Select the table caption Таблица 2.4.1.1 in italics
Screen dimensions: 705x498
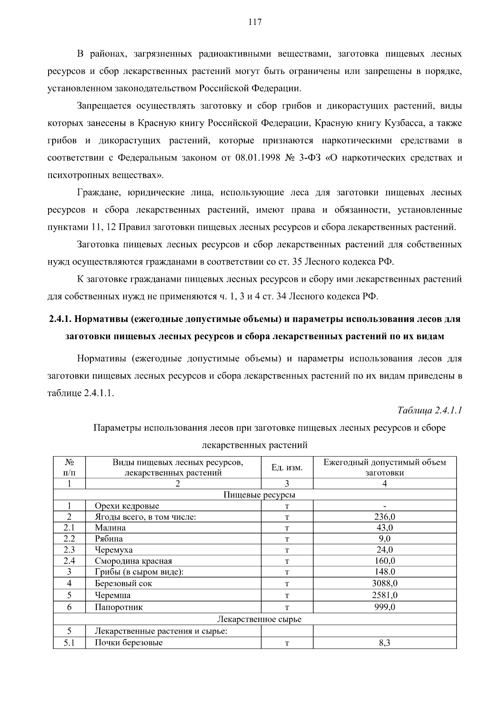[x=430, y=410]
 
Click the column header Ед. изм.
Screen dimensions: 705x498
[x=287, y=467]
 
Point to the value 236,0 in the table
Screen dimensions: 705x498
[x=384, y=517]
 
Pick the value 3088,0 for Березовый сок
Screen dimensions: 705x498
[x=384, y=583]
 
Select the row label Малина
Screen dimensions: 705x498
[x=110, y=528]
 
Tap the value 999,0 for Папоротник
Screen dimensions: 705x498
[x=384, y=607]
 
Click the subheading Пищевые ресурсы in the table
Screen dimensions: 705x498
[x=259, y=495]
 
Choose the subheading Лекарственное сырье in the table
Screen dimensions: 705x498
[x=259, y=619]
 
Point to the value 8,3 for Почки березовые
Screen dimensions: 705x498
[x=384, y=643]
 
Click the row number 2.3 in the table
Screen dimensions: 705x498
[x=69, y=550]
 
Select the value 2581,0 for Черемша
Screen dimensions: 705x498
[x=384, y=595]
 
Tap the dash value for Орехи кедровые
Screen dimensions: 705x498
[x=385, y=506]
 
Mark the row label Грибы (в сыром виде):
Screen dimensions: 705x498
[x=139, y=572]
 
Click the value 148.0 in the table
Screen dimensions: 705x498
[x=384, y=572]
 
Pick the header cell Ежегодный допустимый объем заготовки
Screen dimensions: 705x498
[x=384, y=467]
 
